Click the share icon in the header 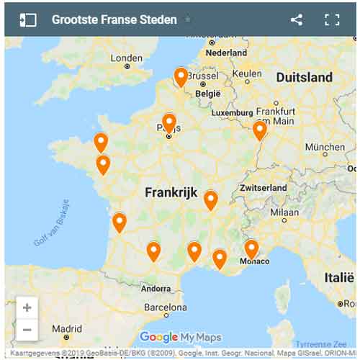click(x=297, y=19)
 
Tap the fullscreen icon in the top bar click(x=332, y=19)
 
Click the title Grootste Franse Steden click(x=114, y=19)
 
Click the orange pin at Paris click(x=169, y=123)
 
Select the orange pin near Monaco click(x=251, y=249)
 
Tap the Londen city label click(x=126, y=58)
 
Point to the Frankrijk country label click(x=171, y=192)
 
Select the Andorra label click(x=156, y=288)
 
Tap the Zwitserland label click(x=263, y=187)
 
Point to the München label click(x=325, y=147)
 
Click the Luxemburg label click(x=232, y=113)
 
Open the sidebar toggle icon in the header click(x=28, y=19)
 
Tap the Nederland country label click(x=226, y=53)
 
